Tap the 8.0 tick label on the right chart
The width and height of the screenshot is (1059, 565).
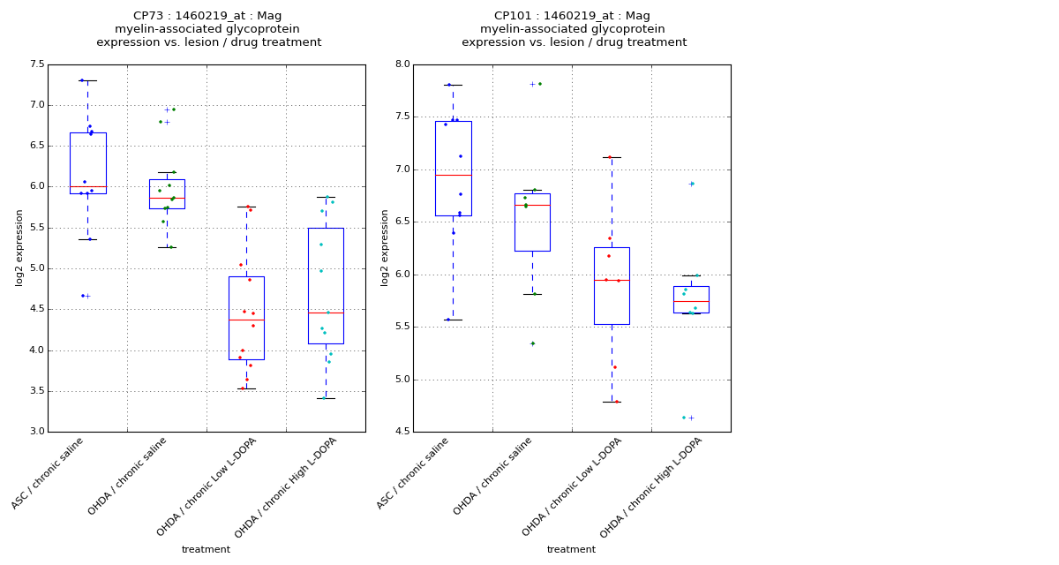[x=402, y=64]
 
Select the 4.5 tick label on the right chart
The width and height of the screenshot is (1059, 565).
[x=402, y=432]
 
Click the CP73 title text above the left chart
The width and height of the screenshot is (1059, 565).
[x=208, y=16]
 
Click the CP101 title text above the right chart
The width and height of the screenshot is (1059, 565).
[x=572, y=16]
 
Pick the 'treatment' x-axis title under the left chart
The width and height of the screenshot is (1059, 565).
[x=206, y=549]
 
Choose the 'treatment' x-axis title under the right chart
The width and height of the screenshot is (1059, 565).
[x=571, y=549]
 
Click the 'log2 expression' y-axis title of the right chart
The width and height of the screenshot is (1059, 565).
[x=385, y=247]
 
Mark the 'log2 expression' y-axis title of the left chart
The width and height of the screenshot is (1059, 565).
[x=19, y=247]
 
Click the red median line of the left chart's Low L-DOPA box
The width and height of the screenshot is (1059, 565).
[x=246, y=320]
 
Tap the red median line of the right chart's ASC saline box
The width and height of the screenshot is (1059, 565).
[x=453, y=175]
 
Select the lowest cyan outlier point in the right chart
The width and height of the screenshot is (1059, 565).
[x=683, y=418]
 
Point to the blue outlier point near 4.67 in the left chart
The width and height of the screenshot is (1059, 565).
[x=83, y=296]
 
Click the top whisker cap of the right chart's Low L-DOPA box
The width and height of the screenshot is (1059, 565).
[x=612, y=157]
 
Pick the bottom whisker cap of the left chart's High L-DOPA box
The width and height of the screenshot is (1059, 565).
[x=326, y=398]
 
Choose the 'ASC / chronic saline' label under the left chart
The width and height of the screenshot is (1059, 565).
[x=49, y=472]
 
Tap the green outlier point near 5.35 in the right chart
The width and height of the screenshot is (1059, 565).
[x=532, y=343]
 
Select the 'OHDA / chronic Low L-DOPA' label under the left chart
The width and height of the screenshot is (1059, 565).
[x=207, y=486]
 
